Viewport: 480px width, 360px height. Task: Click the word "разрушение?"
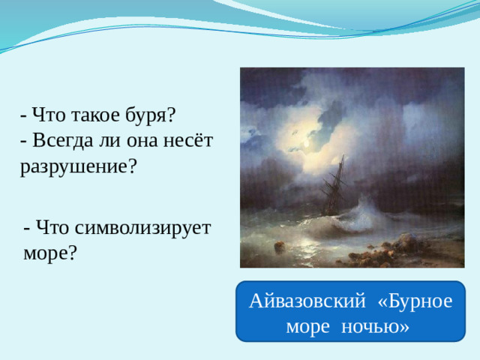click(x=79, y=166)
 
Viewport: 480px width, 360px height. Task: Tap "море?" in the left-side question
click(x=50, y=253)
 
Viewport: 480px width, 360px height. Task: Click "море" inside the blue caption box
click(x=310, y=327)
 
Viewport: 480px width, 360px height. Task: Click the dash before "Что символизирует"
click(x=27, y=227)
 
